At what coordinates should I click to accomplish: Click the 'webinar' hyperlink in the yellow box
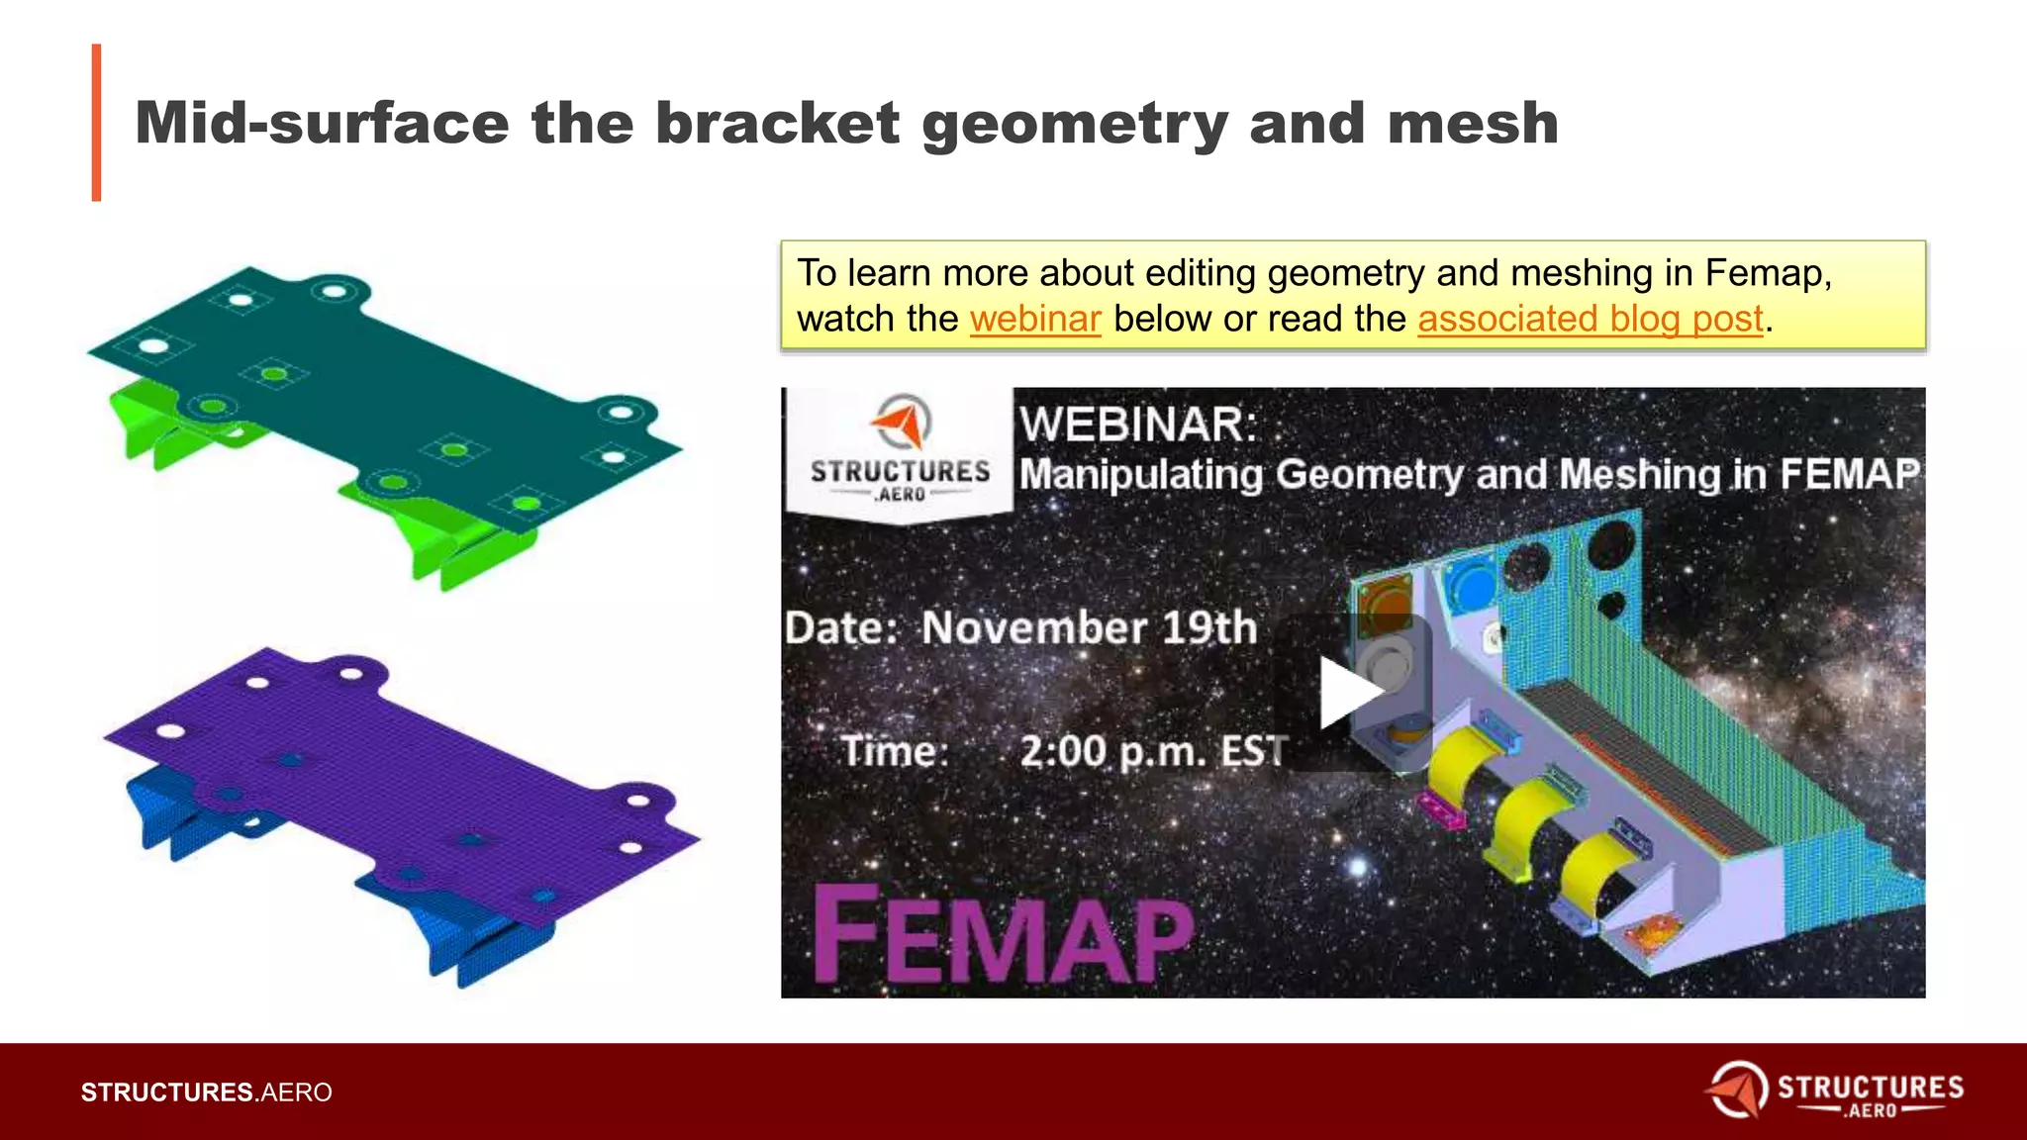1035,319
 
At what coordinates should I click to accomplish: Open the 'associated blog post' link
1591,319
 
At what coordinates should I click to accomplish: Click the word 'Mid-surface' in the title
322,124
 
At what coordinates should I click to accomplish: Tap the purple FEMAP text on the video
1004,934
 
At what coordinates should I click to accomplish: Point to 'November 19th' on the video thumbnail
1089,627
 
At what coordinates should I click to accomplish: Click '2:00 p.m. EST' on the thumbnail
1154,751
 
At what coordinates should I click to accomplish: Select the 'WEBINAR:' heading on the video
1138,425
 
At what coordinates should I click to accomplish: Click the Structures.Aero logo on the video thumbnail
900,451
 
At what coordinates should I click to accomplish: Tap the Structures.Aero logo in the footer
1835,1091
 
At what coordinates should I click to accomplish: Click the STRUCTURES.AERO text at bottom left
206,1092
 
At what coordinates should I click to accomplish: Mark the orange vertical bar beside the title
96,123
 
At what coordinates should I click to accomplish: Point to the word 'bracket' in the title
777,124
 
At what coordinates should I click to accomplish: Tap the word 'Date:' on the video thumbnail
841,627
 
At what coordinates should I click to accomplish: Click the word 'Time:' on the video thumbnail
895,751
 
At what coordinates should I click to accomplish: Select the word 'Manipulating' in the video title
1141,475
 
